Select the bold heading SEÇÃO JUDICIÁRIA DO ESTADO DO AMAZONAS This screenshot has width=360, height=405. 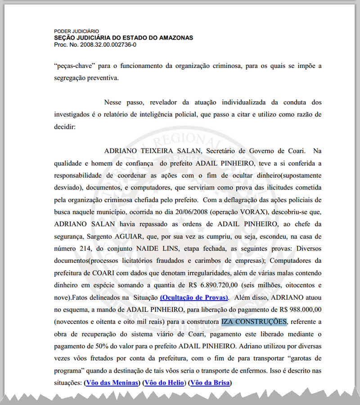click(124, 38)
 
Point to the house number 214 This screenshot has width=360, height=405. click(86, 247)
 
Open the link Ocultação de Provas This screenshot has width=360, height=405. click(194, 297)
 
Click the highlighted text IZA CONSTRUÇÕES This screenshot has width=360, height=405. click(254, 322)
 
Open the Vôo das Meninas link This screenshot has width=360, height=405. click(111, 383)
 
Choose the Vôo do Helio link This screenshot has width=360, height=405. click(163, 383)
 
